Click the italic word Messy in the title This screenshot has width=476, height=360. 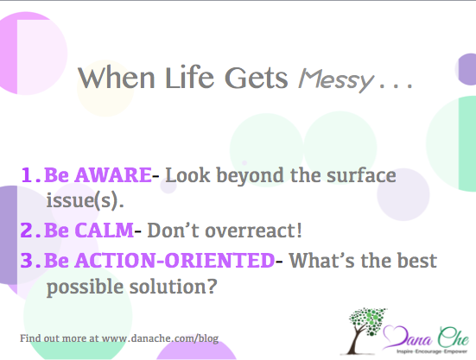click(335, 79)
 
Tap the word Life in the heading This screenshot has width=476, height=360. click(189, 77)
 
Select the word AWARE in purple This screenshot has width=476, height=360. click(113, 175)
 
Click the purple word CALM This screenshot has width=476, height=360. click(104, 230)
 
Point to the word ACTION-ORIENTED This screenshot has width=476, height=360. click(175, 260)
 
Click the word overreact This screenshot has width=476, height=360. click(251, 231)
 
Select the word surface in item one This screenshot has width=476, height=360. click(361, 175)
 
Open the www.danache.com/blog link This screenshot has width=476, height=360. click(160, 338)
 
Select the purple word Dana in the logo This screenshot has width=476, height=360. click(408, 337)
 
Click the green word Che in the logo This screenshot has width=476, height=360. click(454, 337)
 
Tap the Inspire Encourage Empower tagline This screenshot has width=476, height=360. click(432, 351)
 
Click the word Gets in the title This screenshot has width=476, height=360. click(257, 78)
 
